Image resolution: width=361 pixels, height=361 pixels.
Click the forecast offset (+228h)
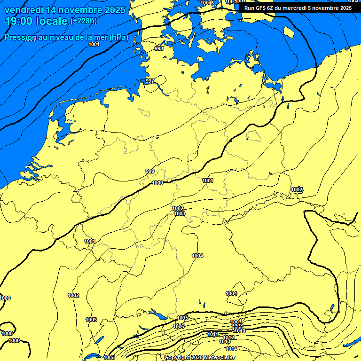84,21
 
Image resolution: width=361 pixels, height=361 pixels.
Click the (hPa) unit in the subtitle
118,38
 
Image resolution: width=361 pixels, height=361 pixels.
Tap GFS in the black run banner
263,8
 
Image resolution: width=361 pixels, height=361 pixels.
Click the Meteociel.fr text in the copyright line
220,358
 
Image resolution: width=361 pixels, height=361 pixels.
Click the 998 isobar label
159,48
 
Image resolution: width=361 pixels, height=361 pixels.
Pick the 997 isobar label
149,81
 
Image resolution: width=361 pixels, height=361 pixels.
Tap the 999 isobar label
150,171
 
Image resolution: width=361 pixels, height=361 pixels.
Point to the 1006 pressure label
179,326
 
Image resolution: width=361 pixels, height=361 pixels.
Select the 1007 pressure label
236,322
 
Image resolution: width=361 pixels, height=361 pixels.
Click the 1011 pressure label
213,334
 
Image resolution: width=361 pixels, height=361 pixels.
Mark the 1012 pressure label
229,337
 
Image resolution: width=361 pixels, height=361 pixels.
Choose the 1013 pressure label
225,342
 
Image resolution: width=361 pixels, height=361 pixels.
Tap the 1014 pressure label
231,349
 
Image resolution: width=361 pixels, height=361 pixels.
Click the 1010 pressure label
240,331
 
